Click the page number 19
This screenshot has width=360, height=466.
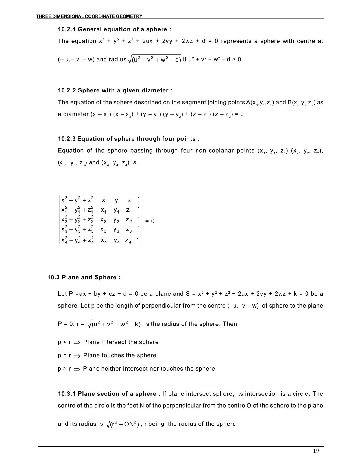pyautogui.click(x=316, y=451)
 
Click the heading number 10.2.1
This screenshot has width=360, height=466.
pyautogui.click(x=67, y=29)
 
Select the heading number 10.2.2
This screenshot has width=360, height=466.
pyautogui.click(x=67, y=90)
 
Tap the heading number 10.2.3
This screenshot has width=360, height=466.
pyautogui.click(x=67, y=139)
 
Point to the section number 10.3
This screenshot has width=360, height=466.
pyautogui.click(x=54, y=277)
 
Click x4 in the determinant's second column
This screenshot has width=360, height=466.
pyautogui.click(x=104, y=241)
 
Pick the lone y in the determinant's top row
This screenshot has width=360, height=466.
pyautogui.click(x=117, y=200)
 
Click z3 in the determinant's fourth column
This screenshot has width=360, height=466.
pyautogui.click(x=129, y=230)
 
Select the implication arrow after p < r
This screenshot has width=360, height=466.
pyautogui.click(x=77, y=343)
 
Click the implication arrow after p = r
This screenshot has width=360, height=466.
pyautogui.click(x=77, y=356)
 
